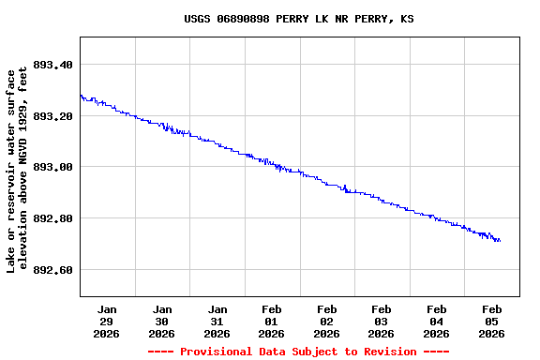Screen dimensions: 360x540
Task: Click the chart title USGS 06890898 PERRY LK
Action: (x=298, y=19)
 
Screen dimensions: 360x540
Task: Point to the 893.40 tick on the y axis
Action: (x=52, y=65)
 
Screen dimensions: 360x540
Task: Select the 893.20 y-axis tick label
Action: (x=52, y=116)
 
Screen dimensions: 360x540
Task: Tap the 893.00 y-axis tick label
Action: (x=52, y=167)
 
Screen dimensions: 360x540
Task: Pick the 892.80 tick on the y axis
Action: (x=52, y=218)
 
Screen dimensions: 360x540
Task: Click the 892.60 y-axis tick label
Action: (x=52, y=270)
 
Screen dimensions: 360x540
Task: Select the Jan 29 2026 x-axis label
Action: (x=107, y=321)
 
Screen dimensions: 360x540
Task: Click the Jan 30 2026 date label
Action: (x=162, y=321)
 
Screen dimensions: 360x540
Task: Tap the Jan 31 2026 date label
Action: (x=217, y=321)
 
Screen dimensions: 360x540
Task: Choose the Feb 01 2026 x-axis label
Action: (x=272, y=321)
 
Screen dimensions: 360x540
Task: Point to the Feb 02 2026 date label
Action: (x=326, y=321)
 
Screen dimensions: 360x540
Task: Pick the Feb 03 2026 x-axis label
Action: (x=382, y=321)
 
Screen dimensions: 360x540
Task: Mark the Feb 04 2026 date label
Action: (x=436, y=321)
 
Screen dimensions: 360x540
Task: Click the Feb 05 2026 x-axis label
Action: (x=491, y=321)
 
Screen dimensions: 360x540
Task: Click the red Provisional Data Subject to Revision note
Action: (x=298, y=352)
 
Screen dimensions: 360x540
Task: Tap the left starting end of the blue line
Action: (x=81, y=95)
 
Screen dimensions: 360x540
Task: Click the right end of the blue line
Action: (x=500, y=241)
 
